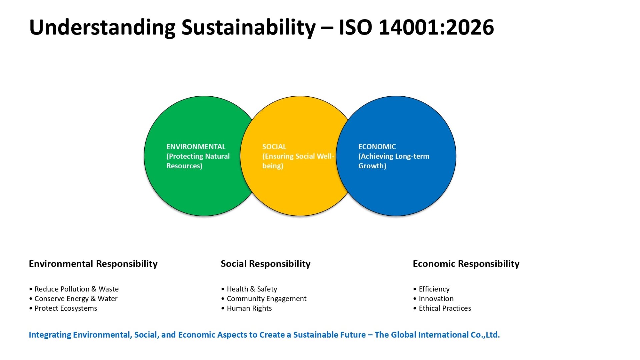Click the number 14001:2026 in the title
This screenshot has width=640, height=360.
coord(436,27)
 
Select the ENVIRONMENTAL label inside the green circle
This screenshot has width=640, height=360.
coord(196,147)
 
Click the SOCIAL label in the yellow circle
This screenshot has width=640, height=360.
coord(274,147)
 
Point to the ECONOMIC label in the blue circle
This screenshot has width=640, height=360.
coord(377,147)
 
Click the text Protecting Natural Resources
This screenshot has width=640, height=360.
coord(198,161)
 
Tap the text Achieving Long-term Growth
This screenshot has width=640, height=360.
coord(394,161)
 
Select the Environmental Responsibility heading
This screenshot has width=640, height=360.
coord(93,264)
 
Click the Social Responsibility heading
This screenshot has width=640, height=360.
coord(266,264)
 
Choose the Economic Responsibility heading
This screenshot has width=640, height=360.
coord(466,264)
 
